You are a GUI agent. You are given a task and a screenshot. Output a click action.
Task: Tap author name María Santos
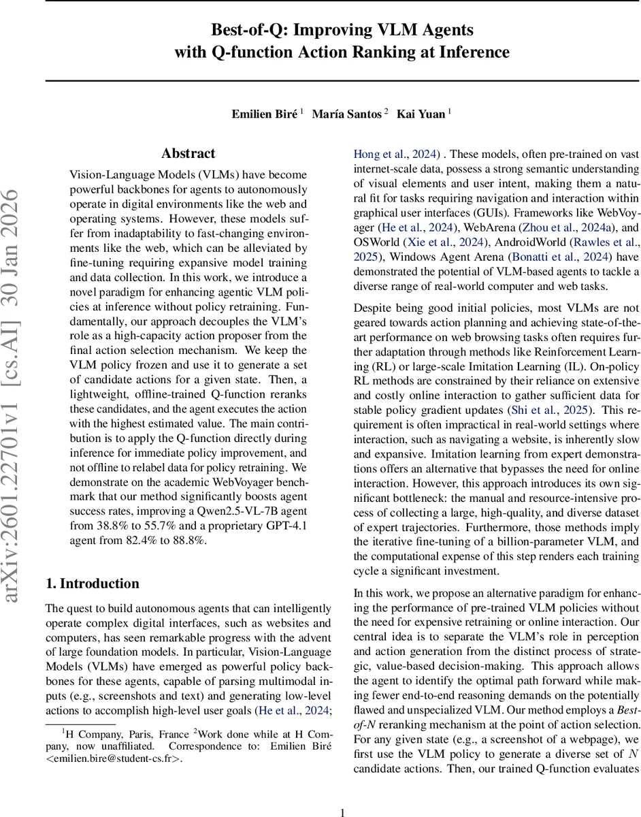point(346,114)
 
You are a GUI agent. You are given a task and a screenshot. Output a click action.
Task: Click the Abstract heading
point(188,154)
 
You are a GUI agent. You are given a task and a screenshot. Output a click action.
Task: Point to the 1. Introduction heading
point(92,583)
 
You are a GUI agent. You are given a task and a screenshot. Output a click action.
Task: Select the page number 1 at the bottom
point(342,795)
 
